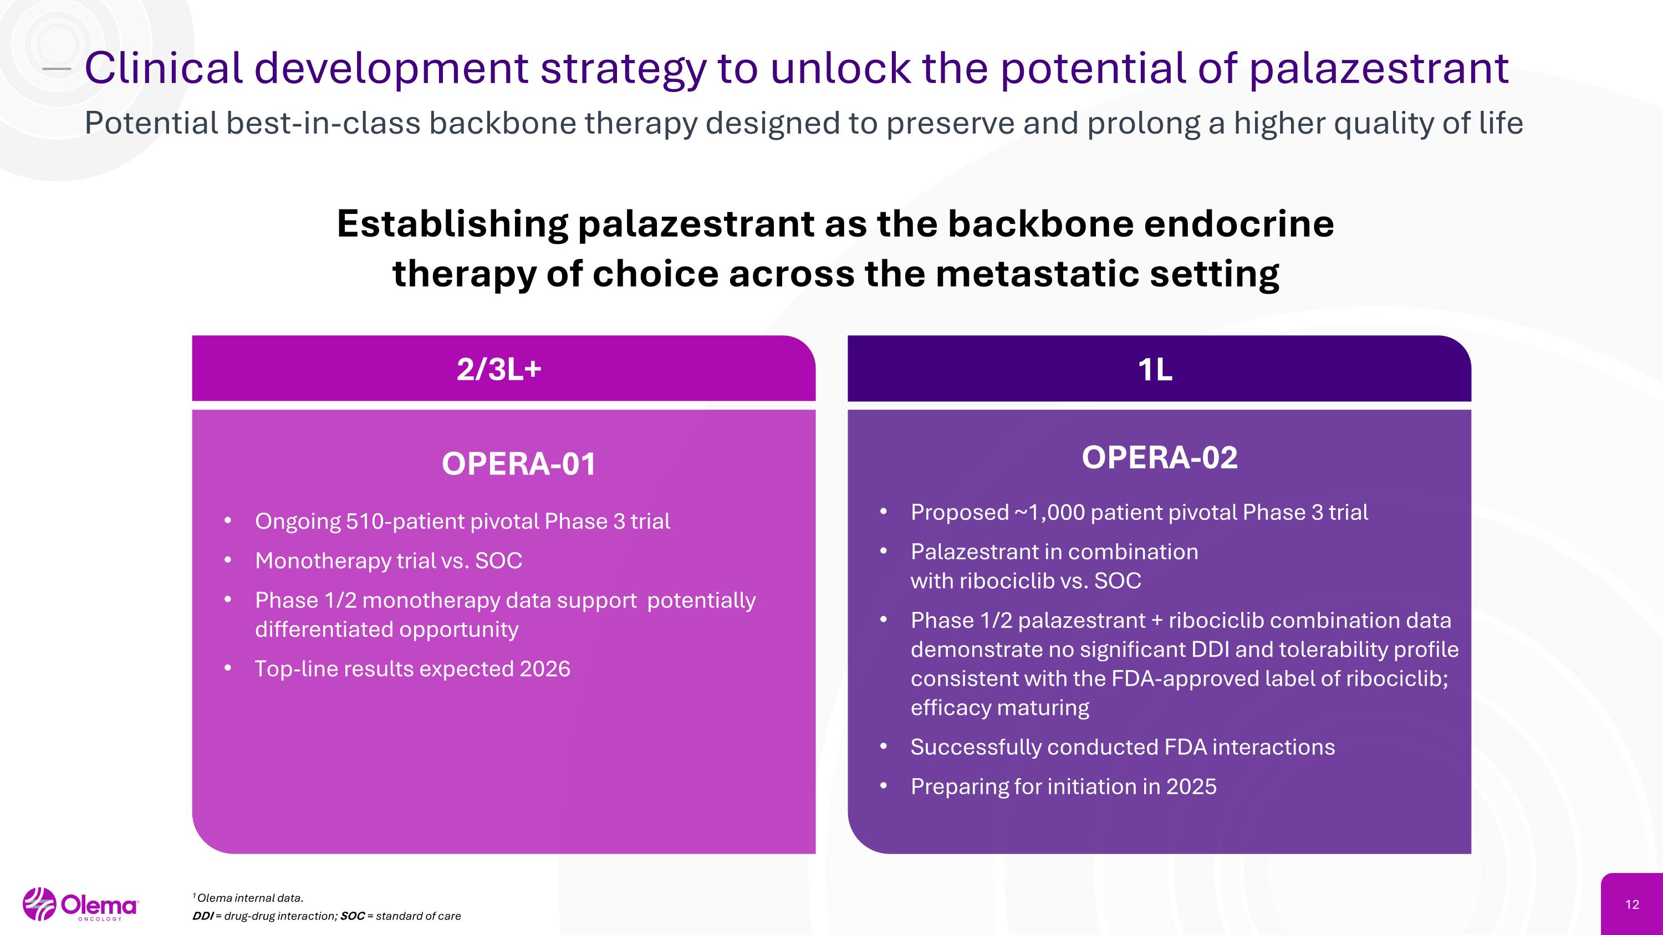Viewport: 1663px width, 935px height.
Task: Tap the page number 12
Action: [1632, 905]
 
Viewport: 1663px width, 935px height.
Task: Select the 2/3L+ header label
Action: [498, 370]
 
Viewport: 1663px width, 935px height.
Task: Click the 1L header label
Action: [1155, 370]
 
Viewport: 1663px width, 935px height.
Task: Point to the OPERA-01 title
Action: [519, 464]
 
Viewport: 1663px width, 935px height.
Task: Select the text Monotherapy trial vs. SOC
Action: [388, 561]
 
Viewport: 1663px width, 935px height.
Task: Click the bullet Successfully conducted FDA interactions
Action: [1122, 747]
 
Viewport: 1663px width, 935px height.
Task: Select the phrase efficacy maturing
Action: [999, 708]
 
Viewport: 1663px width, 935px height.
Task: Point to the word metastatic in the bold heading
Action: [1037, 274]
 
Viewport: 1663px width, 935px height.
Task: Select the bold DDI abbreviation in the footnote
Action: [202, 916]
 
